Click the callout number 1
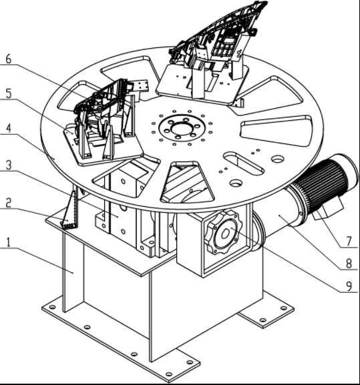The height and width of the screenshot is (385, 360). point(9,242)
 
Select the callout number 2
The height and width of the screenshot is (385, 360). point(9,203)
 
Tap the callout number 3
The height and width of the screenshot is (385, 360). point(9,165)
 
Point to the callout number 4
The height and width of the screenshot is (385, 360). point(9,128)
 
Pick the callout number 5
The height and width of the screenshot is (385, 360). point(9,93)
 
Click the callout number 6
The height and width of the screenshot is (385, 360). point(9,59)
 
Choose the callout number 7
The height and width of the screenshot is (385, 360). point(349,242)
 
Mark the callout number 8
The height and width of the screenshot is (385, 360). point(349,264)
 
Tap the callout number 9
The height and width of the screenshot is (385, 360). point(349,286)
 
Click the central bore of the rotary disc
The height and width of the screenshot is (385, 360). point(182,127)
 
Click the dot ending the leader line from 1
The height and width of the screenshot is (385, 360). point(73,272)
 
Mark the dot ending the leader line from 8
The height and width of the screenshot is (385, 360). point(279,216)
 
